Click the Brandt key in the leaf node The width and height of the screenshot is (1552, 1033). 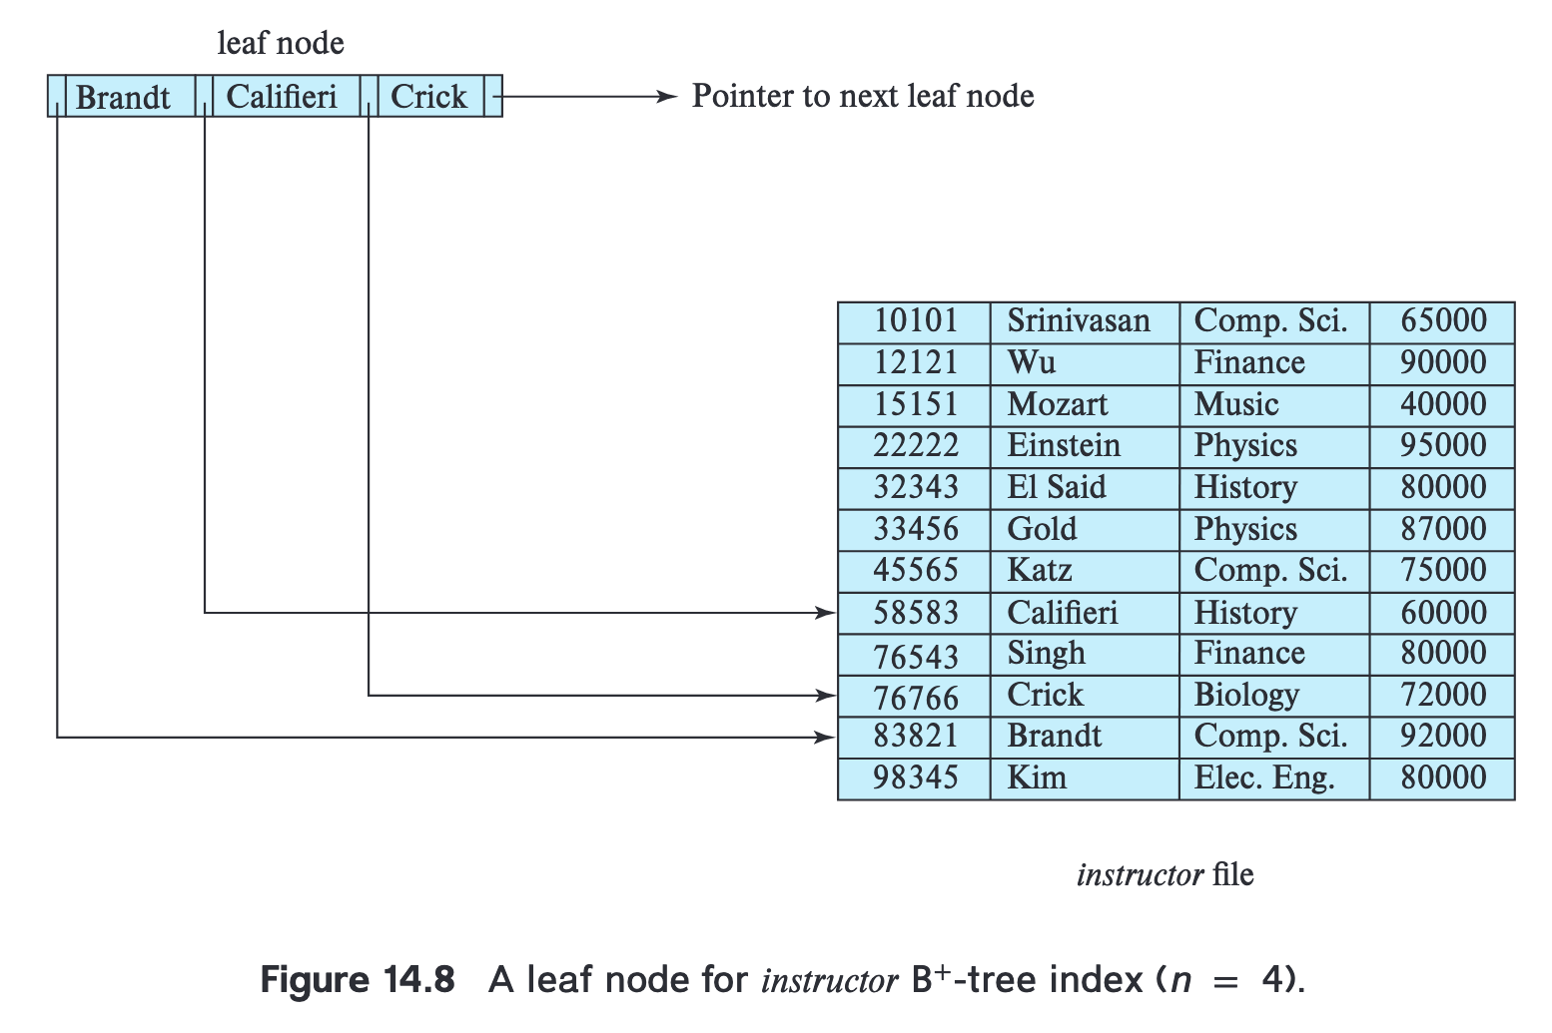coord(123,96)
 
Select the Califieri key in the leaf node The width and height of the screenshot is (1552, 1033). coord(282,96)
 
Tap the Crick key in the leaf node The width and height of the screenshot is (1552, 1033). coord(428,96)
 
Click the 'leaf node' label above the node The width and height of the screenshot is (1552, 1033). coord(281,43)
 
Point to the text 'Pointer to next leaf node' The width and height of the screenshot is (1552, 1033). coord(863,96)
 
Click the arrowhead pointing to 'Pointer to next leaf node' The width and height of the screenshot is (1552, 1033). coord(666,96)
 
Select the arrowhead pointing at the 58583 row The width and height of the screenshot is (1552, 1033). coord(826,612)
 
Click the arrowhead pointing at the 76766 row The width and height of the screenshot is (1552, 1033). coord(826,695)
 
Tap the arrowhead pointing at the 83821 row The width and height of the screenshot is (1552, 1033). coord(826,738)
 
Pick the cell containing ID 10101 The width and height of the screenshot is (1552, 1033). coord(914,322)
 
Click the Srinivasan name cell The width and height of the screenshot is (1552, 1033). coord(1085,322)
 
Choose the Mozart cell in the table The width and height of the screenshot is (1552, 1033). coord(1085,406)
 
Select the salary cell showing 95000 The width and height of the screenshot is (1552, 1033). coord(1442,447)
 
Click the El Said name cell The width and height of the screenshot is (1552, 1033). coord(1085,489)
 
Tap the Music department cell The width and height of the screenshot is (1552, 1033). coord(1274,406)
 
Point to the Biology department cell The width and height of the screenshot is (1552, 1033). coord(1274,696)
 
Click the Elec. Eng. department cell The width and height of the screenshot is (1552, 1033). coord(1274,778)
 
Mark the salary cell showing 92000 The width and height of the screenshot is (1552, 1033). coord(1442,738)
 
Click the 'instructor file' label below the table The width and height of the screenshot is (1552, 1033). coord(1165,874)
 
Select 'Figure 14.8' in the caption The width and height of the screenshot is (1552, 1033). coord(358,980)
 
